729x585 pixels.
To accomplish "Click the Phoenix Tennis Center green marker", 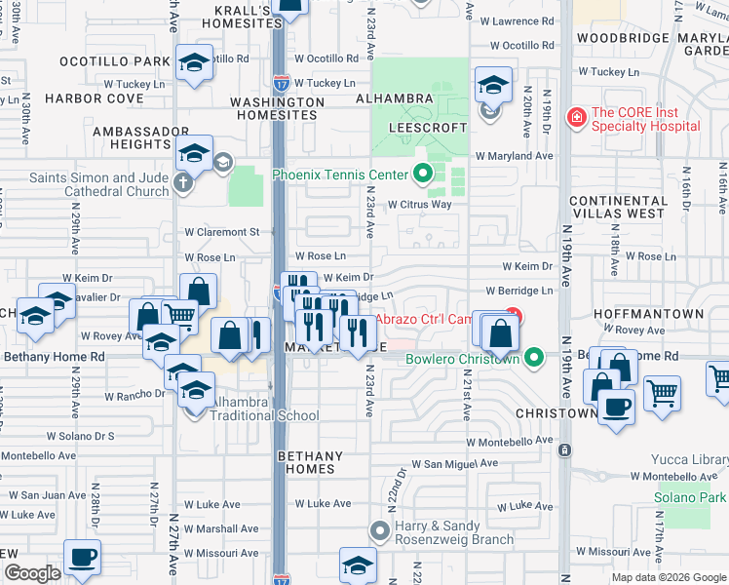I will point(422,175).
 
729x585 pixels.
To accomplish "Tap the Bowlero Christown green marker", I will point(533,358).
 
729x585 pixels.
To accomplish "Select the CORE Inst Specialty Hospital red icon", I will point(577,119).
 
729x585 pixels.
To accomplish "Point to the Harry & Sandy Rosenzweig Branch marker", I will point(380,531).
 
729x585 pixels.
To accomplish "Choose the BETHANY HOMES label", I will point(311,462).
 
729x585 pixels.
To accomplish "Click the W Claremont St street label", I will point(222,232).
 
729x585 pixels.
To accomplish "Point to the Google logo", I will point(32,573).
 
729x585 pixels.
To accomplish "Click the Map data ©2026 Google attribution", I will point(669,577).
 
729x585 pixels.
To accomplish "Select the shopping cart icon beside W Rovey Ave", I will point(177,315).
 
